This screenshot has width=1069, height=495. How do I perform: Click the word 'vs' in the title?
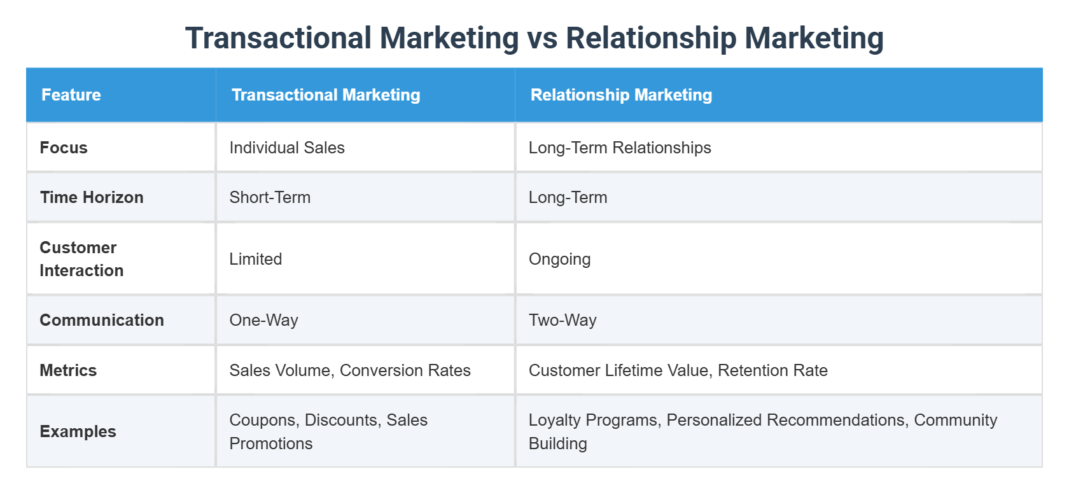click(x=542, y=38)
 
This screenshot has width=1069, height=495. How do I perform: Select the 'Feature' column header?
click(x=71, y=95)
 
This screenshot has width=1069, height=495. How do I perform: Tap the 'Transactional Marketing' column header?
click(x=326, y=95)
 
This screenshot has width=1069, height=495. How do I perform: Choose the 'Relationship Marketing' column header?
click(x=621, y=95)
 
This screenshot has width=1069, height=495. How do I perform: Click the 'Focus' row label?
click(x=64, y=148)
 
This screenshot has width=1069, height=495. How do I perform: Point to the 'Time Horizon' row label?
click(x=92, y=197)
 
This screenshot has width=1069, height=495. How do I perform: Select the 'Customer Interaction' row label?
click(x=81, y=259)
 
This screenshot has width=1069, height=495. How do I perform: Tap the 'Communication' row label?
click(x=102, y=320)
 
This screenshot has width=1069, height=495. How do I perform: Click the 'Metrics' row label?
click(x=68, y=370)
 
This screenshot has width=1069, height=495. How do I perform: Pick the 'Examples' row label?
click(x=78, y=431)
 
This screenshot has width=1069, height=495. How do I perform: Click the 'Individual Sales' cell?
click(x=287, y=148)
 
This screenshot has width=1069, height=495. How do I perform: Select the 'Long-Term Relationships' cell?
click(x=620, y=148)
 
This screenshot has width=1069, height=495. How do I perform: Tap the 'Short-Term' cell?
click(x=270, y=197)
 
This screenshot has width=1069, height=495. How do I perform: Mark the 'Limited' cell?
click(x=255, y=259)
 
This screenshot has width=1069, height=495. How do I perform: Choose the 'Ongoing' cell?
click(x=559, y=259)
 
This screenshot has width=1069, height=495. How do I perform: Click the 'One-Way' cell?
click(x=263, y=320)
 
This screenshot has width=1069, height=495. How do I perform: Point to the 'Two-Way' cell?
click(x=562, y=320)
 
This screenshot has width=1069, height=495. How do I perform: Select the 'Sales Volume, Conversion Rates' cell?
click(x=350, y=370)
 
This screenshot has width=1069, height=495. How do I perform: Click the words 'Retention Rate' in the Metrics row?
click(x=772, y=370)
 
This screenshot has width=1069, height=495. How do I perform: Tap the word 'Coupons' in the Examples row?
click(x=263, y=420)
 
